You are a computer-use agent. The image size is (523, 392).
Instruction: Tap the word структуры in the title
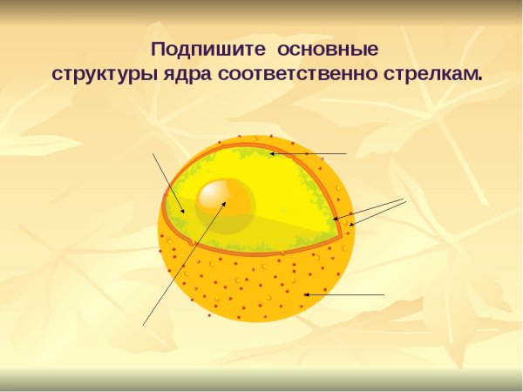point(105,73)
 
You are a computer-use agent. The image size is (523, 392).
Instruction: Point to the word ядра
point(186,73)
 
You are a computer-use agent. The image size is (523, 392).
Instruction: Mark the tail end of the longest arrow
point(143,325)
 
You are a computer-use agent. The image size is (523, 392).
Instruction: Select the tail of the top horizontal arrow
point(347,154)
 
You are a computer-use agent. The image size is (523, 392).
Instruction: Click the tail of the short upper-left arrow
point(153,153)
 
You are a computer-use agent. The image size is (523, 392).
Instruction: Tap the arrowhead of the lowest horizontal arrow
point(304,295)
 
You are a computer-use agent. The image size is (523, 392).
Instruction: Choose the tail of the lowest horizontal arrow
point(384,295)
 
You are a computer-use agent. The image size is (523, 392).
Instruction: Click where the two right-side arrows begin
point(405,200)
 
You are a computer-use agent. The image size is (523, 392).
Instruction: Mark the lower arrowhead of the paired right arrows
point(349,226)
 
